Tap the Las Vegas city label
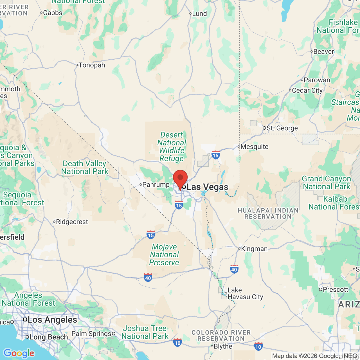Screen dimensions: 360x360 (x=207, y=187)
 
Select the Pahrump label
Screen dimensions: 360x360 (x=156, y=185)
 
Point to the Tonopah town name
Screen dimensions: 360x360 (x=92, y=65)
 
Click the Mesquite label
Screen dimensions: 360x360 (x=254, y=147)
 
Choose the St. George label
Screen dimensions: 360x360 (x=282, y=128)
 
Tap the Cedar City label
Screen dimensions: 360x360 (x=307, y=91)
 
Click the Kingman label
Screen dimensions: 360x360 (x=254, y=249)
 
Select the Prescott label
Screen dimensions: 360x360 (x=335, y=290)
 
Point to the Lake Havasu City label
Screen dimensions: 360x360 (x=245, y=294)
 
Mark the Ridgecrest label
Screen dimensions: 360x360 (x=72, y=222)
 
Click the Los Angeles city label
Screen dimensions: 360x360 (x=52, y=320)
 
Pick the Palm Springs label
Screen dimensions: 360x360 (x=91, y=334)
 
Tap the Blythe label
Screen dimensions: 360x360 (x=223, y=346)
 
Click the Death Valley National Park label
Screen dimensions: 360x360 (x=85, y=168)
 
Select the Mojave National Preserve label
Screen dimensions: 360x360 (x=164, y=255)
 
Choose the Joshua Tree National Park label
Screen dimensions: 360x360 (x=145, y=332)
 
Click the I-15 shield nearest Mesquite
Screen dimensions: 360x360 (x=215, y=155)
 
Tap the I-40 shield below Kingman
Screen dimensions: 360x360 (x=234, y=269)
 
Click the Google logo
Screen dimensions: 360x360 (x=19, y=353)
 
